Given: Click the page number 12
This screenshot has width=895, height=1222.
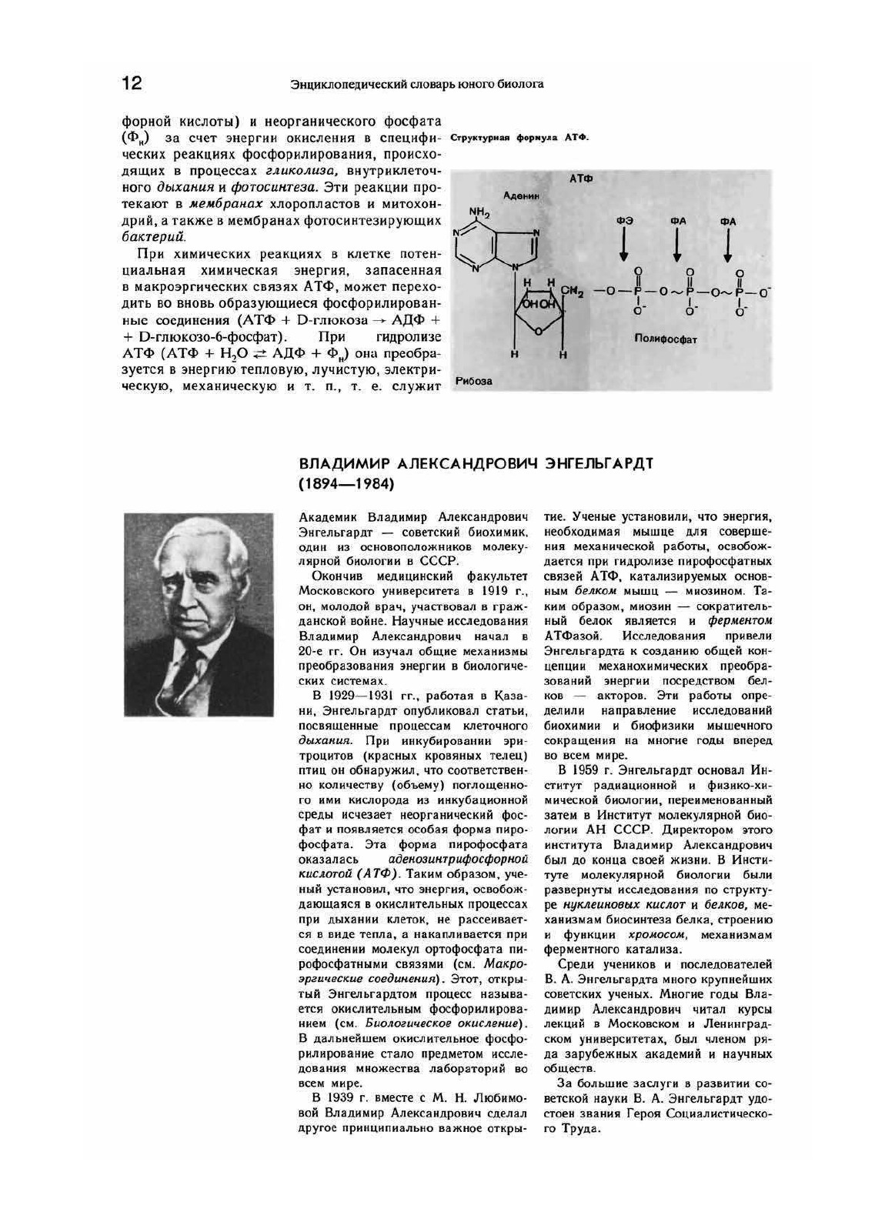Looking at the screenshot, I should pos(132,83).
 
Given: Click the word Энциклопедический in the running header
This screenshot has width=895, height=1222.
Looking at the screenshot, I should pos(334,84).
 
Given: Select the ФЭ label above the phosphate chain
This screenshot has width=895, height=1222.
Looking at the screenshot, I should pos(624,221).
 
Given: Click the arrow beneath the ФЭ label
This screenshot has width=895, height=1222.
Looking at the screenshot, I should pos(624,245).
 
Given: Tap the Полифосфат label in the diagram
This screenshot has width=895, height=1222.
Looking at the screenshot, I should pos(666,339).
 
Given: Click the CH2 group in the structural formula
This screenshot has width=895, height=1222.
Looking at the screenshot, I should pos(574,291).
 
